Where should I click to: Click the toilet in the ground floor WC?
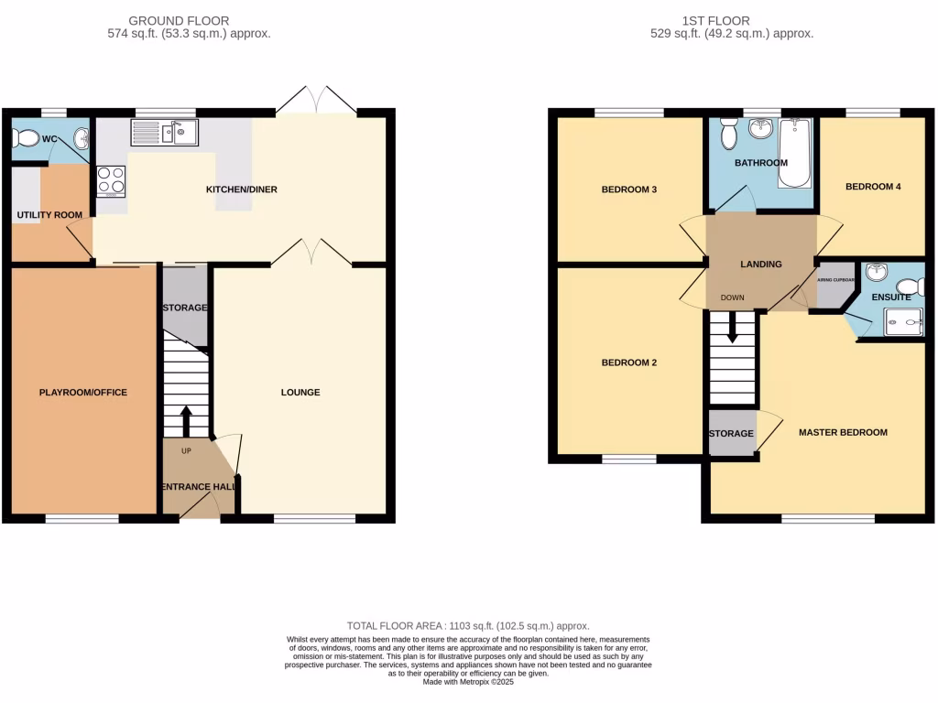(27, 139)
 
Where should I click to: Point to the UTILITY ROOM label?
(49, 215)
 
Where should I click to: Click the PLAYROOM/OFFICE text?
(82, 393)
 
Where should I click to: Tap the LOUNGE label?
(300, 393)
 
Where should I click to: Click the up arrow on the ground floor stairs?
(186, 420)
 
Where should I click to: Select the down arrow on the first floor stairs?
(732, 329)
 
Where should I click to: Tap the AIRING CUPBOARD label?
(835, 280)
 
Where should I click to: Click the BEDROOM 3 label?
(629, 189)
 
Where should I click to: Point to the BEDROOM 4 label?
(873, 187)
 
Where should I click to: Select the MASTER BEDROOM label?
(843, 432)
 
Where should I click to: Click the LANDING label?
(761, 265)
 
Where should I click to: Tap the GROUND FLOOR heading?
(179, 20)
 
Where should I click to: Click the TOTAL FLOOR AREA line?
(468, 625)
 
